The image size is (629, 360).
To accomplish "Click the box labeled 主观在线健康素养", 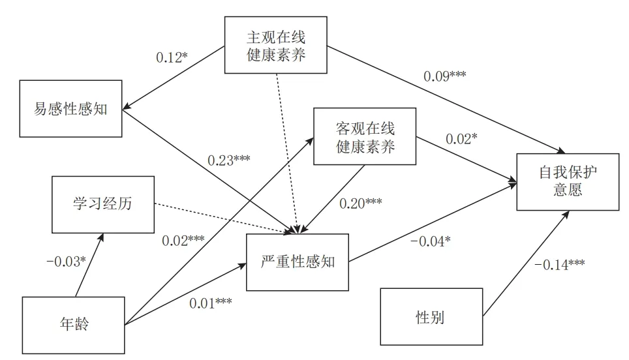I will (x=276, y=45).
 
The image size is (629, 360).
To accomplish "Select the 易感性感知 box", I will (x=71, y=109).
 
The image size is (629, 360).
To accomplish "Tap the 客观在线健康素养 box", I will (x=365, y=137).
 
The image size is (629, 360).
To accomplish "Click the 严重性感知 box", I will (x=298, y=262).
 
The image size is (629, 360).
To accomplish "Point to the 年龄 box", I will (x=73, y=324).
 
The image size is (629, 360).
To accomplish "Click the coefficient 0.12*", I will (x=172, y=57).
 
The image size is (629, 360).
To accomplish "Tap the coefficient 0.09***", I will (x=444, y=75).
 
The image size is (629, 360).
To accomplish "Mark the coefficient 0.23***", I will (x=229, y=160).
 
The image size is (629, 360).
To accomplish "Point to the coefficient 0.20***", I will (x=360, y=202).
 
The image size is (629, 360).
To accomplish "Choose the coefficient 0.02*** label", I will (x=183, y=239).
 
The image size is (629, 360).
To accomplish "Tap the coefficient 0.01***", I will (x=211, y=303).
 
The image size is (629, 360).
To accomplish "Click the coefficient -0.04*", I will (x=431, y=240).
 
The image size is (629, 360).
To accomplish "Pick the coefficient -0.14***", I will (x=559, y=265).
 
